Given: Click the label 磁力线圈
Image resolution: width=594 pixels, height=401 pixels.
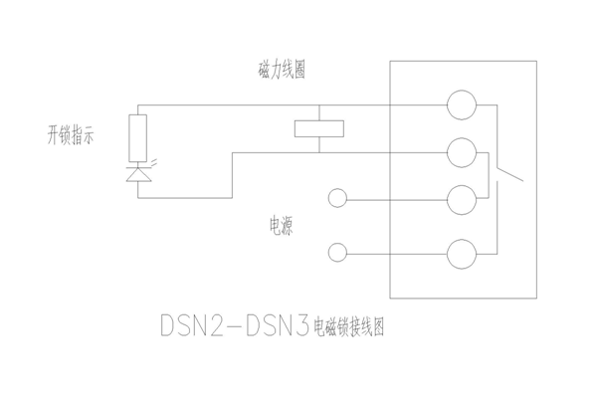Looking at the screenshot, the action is coord(282,70).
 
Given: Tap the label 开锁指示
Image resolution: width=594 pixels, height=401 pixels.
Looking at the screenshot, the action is coord(71,135).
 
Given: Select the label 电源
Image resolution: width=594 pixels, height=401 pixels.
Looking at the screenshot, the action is coord(282,226).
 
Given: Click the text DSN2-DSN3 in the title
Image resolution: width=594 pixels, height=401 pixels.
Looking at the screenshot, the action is coord(235,325).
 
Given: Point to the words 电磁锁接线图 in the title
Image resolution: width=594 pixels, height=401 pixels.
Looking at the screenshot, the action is coord(349,326).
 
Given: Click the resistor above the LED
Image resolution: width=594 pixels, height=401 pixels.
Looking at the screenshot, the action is coord(138,138).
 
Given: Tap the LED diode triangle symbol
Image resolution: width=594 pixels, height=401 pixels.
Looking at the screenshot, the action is coord(138,174).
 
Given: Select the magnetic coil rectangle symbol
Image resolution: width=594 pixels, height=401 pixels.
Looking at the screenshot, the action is coord(319,128).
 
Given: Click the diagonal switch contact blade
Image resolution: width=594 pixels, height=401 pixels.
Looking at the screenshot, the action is coord(510,174).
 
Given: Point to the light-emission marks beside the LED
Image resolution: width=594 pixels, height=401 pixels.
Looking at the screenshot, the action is coord(154,163).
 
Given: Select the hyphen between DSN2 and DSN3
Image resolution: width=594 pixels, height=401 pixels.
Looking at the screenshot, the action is coord(235,326).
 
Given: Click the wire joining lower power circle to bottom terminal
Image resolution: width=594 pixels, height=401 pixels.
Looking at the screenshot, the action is coord(397,254).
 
